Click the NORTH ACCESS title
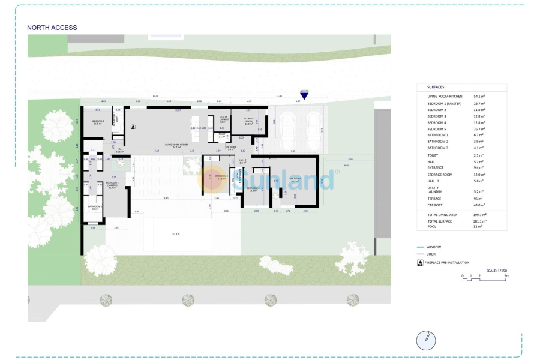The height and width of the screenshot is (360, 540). pyautogui.click(x=52, y=28)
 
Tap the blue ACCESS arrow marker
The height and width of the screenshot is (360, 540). pyautogui.click(x=304, y=94)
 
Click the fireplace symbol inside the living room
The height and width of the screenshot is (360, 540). pyautogui.click(x=133, y=127)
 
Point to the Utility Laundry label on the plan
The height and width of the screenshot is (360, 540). pyautogui.click(x=223, y=119)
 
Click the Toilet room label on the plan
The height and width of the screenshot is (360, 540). pyautogui.click(x=221, y=136)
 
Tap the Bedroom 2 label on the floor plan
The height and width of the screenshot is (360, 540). pyautogui.click(x=98, y=122)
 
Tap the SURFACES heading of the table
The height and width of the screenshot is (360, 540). pyautogui.click(x=436, y=87)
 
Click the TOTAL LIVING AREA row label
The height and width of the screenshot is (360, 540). pyautogui.click(x=442, y=214)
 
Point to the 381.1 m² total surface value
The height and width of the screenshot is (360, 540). pyautogui.click(x=480, y=221)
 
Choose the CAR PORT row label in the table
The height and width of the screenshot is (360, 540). pyautogui.click(x=436, y=205)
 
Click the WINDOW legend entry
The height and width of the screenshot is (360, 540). pyautogui.click(x=433, y=247)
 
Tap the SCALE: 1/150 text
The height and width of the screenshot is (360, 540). pyautogui.click(x=497, y=271)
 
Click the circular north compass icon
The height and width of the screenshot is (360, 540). pyautogui.click(x=425, y=340)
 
